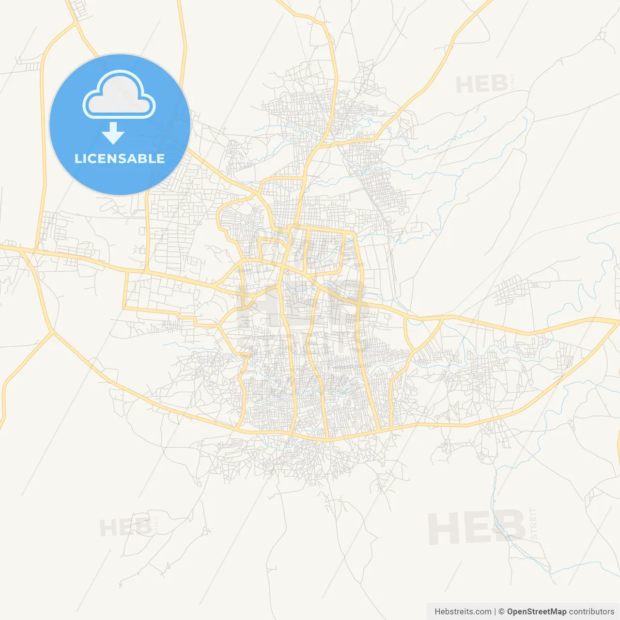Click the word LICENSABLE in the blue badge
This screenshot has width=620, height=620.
[120, 159]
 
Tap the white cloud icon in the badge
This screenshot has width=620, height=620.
[119, 97]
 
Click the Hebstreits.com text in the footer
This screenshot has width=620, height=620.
[463, 612]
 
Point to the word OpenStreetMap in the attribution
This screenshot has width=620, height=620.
[537, 612]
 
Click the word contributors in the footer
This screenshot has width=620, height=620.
[591, 612]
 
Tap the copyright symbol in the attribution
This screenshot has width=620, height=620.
[502, 612]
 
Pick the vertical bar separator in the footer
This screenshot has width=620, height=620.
[495, 612]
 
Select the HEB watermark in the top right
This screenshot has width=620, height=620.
[481, 85]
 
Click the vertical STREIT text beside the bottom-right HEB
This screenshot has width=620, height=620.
[534, 524]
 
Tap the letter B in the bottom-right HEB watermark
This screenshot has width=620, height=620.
[509, 527]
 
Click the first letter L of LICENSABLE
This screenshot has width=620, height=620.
[78, 159]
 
